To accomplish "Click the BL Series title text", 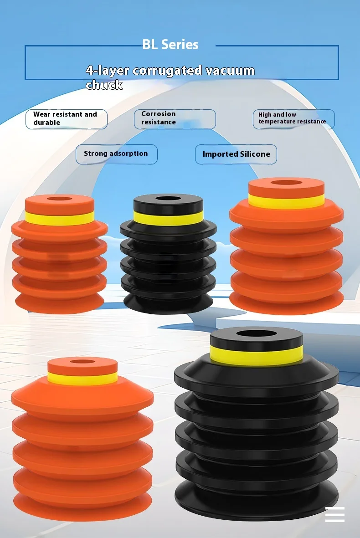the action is (170, 45).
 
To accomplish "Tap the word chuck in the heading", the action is (104, 85).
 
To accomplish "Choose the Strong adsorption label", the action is (116, 154).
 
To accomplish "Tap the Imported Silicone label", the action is (236, 154).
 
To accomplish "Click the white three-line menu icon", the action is (334, 514).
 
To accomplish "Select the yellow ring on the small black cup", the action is (168, 219).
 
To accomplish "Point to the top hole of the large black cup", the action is (256, 334).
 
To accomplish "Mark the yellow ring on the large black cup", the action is (257, 356).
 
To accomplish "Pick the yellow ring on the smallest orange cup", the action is (59, 218).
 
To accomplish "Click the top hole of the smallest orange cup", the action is (59, 199).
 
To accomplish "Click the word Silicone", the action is (253, 154).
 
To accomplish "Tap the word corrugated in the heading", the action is (167, 71).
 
